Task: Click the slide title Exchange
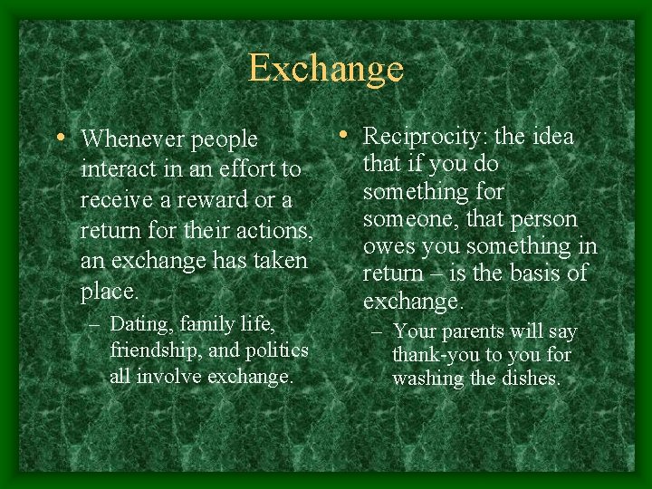pyautogui.click(x=326, y=69)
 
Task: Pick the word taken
pyautogui.click(x=277, y=261)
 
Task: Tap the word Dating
pyautogui.click(x=140, y=323)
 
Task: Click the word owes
pyautogui.click(x=386, y=246)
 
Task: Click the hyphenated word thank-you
pyautogui.click(x=434, y=355)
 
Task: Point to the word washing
pyautogui.click(x=428, y=379)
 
